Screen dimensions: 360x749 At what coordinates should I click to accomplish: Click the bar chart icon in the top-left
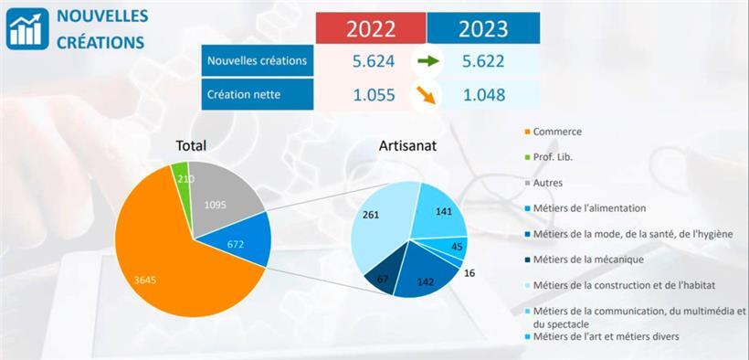click(x=27, y=27)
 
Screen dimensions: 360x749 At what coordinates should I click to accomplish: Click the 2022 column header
click(x=371, y=27)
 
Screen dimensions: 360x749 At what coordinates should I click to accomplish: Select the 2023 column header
click(x=483, y=27)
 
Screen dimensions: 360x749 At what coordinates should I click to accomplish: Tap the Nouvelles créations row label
click(x=258, y=60)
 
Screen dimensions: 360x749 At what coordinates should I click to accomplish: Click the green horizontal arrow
click(x=427, y=61)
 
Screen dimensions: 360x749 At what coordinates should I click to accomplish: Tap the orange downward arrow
click(x=426, y=94)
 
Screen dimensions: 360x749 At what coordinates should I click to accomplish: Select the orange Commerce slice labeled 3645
click(x=164, y=265)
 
